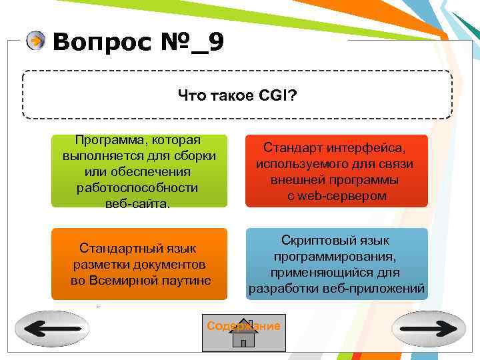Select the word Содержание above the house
[243, 326]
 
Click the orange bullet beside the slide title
[35, 42]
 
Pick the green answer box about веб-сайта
[139, 171]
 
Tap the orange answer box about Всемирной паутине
[139, 264]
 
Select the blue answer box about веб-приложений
[337, 264]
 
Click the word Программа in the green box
[111, 140]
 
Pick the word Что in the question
[190, 97]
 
